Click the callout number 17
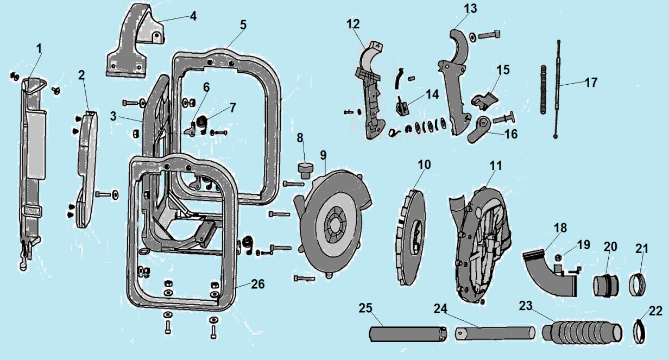coord(591,83)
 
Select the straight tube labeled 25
coord(405,333)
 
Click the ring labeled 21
coord(639,284)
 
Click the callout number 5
coord(243,24)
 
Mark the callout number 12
coord(353,24)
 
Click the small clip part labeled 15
coord(484,99)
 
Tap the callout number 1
coord(39,48)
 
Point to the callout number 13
coord(470,9)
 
